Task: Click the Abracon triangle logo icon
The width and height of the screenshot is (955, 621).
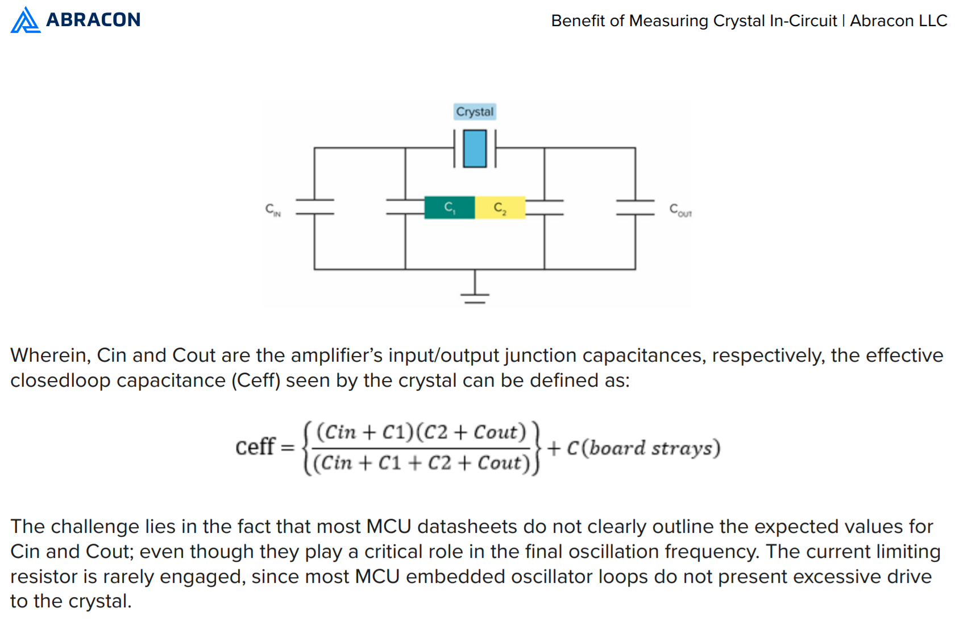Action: coord(25,20)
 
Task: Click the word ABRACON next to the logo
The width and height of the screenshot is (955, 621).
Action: coord(93,20)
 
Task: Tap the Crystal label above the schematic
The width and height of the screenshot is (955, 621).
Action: coord(475,111)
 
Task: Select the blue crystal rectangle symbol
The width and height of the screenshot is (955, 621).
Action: coord(475,148)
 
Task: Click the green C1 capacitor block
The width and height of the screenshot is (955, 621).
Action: coord(450,208)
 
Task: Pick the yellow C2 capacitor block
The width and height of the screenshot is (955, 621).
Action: coord(500,208)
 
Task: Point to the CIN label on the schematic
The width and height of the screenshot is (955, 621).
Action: coord(273,210)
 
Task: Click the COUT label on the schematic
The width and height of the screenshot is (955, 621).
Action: coord(680,210)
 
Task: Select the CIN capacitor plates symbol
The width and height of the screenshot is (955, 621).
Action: coord(314,207)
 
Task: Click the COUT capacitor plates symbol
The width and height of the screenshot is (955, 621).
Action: coord(636,207)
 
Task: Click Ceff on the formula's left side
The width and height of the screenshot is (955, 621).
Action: coord(256,447)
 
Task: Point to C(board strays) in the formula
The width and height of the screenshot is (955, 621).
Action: coord(643,448)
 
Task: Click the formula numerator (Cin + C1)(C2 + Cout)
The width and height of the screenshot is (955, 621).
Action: coord(421,432)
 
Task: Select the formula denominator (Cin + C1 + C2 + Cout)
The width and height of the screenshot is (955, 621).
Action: coord(421,463)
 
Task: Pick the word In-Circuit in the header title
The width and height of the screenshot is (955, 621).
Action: coord(803,20)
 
